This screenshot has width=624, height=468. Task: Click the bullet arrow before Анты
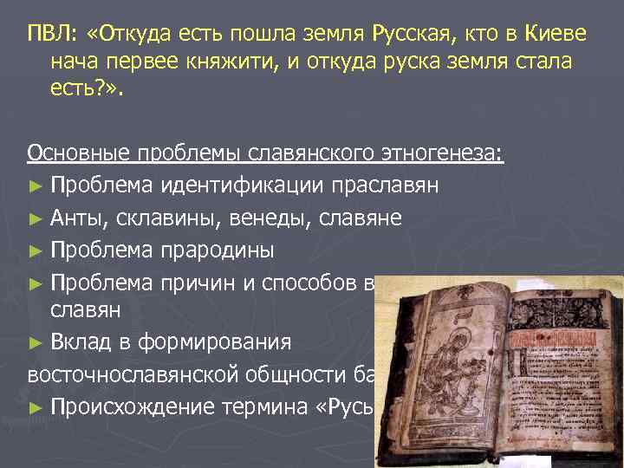point(35,218)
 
